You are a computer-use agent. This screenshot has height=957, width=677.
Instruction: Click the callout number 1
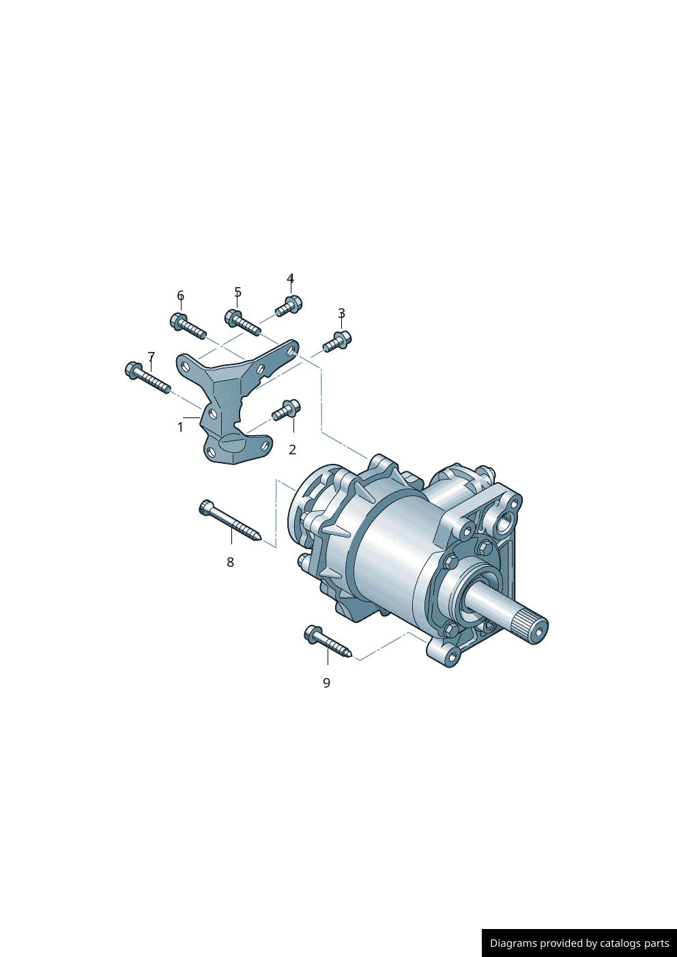tap(180, 427)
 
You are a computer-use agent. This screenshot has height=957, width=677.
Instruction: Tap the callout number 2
tap(292, 450)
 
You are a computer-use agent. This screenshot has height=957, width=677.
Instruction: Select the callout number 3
tap(341, 313)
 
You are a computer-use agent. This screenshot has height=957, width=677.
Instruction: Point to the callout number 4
tap(291, 278)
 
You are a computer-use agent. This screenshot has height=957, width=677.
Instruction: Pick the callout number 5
tap(238, 292)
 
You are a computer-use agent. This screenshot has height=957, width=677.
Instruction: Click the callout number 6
tap(181, 295)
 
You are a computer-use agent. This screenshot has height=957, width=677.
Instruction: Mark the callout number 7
tap(152, 356)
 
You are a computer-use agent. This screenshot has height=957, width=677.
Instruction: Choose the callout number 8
tap(231, 563)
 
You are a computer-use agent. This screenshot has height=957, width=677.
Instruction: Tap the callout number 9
tap(326, 683)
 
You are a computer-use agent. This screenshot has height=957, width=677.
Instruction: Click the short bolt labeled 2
tap(287, 410)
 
